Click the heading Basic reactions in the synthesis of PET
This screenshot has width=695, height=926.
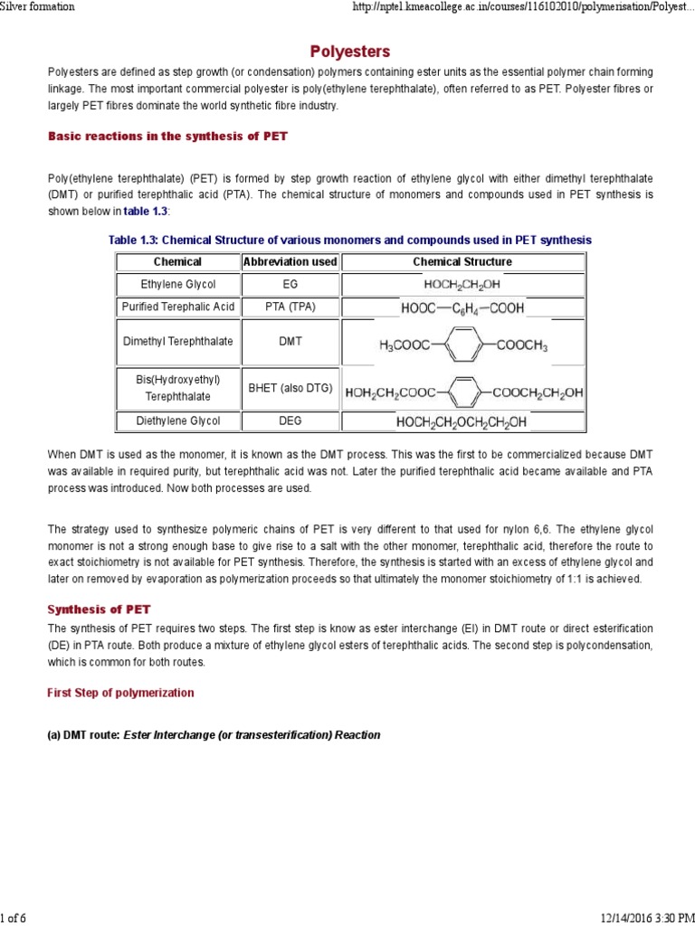[x=167, y=136]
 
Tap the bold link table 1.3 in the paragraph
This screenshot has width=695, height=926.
[x=145, y=211]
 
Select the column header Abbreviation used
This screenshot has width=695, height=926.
[x=290, y=261]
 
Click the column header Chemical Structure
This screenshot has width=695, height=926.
[x=462, y=261]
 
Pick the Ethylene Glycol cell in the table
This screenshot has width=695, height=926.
[x=177, y=284]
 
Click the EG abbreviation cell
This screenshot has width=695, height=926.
[x=290, y=284]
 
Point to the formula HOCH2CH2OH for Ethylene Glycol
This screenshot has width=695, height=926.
[x=462, y=284]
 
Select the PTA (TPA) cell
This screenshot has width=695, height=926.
[x=290, y=307]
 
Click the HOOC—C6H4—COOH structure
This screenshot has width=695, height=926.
[x=462, y=307]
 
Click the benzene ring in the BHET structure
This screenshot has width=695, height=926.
[x=462, y=392]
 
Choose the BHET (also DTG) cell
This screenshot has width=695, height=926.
[x=290, y=389]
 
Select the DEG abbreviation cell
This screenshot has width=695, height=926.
[x=290, y=420]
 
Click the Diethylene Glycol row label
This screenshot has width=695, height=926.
[x=177, y=420]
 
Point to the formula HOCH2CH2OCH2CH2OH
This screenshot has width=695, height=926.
[x=462, y=421]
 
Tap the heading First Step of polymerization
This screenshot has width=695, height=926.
[x=120, y=693]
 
